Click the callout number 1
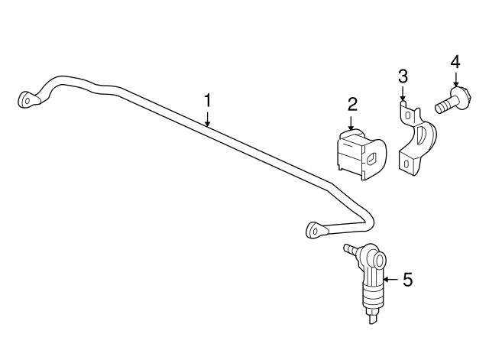coord(207,101)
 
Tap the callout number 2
coord(352,105)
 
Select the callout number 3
coord(403,76)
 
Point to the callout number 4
coord(455,62)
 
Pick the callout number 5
coord(407,280)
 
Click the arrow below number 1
coord(207,119)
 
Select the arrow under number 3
coord(403,93)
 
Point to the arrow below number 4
coord(456,79)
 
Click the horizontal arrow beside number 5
coord(391,280)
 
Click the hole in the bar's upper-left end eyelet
coord(28,101)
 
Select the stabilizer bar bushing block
coord(361,154)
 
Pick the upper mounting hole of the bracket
coord(407,115)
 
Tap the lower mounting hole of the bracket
coord(406,164)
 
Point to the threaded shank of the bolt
coord(444,106)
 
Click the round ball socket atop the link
coord(378,260)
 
